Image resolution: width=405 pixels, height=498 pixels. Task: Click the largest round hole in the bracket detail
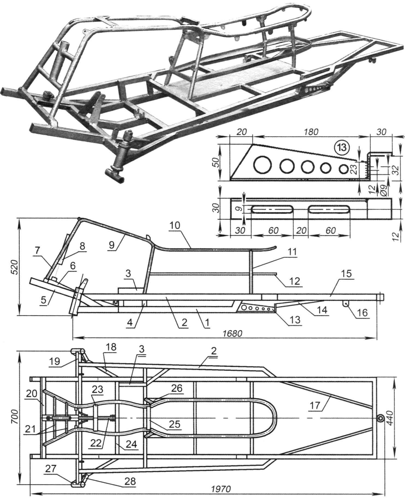point(263,165)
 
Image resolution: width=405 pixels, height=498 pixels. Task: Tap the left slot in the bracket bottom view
point(272,210)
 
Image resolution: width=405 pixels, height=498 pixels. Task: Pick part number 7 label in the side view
point(37,250)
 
